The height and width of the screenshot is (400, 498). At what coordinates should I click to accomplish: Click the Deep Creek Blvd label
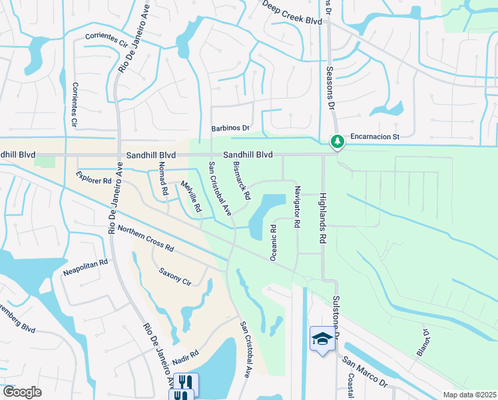click(292, 14)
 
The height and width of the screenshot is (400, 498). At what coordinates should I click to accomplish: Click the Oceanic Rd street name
click(274, 242)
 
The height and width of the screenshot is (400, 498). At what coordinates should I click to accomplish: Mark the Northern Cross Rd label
click(146, 238)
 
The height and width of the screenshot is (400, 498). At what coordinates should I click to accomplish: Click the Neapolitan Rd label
click(85, 268)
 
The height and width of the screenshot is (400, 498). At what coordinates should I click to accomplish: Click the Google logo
click(22, 392)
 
